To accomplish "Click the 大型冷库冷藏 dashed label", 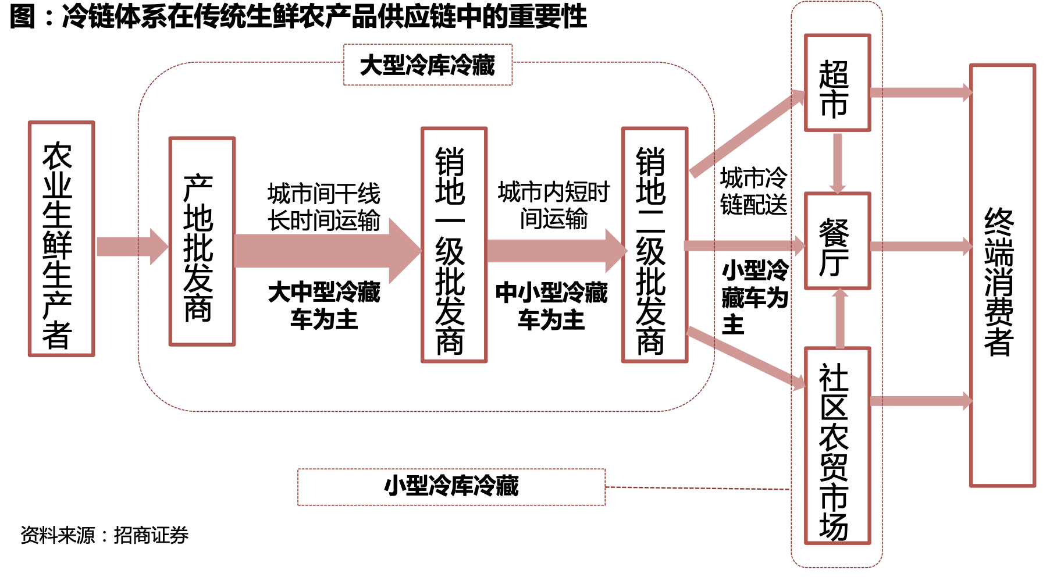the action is pyautogui.click(x=428, y=65).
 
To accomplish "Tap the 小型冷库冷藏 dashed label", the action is pyautogui.click(x=451, y=487).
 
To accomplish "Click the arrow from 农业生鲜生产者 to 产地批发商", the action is pyautogui.click(x=132, y=247).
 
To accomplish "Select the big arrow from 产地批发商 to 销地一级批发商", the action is pyautogui.click(x=328, y=251).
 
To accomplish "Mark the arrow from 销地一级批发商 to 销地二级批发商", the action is pyautogui.click(x=557, y=251).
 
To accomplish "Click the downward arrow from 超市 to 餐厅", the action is pyautogui.click(x=838, y=163).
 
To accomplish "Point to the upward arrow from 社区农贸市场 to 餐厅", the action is pyautogui.click(x=839, y=318).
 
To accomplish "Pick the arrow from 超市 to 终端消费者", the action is pyautogui.click(x=921, y=92).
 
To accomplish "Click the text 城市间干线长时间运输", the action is pyautogui.click(x=324, y=207).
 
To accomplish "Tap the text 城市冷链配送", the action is pyautogui.click(x=753, y=191).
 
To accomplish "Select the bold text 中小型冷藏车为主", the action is pyautogui.click(x=551, y=306).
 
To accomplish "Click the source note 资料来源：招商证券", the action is pyautogui.click(x=105, y=535).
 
